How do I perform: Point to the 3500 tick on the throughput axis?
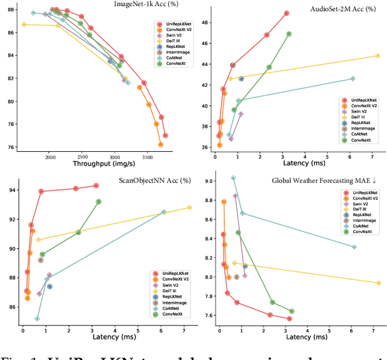pyautogui.click(x=148, y=155)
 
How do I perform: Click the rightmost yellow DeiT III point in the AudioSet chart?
pyautogui.click(x=377, y=56)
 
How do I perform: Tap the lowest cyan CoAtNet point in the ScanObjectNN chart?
pyautogui.click(x=37, y=319)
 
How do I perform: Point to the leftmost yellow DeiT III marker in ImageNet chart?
pyautogui.click(x=24, y=24)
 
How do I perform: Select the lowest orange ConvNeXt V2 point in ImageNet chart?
pyautogui.click(x=160, y=145)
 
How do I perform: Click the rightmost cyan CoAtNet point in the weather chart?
pyautogui.click(x=354, y=247)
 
